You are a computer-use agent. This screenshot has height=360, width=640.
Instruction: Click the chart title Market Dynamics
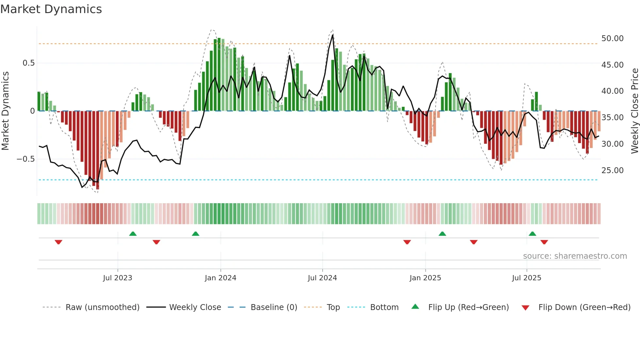click(x=51, y=9)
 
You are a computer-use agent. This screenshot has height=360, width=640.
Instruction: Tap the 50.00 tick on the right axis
click(x=612, y=39)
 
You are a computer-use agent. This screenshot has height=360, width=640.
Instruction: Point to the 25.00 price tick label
click(x=612, y=171)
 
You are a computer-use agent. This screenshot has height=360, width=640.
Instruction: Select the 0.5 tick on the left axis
click(x=28, y=63)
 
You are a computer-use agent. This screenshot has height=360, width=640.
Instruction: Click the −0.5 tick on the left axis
click(x=26, y=159)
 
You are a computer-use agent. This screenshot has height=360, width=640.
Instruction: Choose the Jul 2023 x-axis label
click(x=118, y=278)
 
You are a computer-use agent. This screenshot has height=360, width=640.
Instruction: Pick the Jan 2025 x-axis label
click(x=425, y=278)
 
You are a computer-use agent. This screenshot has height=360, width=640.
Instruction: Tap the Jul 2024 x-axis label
click(x=322, y=278)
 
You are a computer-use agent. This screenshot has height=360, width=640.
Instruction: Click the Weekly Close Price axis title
click(x=634, y=111)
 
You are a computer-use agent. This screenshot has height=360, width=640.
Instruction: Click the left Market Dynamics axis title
click(x=5, y=111)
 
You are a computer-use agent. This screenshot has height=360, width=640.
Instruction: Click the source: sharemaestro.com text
click(x=575, y=256)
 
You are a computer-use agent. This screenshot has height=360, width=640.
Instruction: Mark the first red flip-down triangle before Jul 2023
click(x=58, y=242)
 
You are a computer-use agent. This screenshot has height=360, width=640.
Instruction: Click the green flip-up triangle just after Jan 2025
click(x=442, y=234)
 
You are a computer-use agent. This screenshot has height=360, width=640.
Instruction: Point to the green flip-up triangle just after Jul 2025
click(x=532, y=234)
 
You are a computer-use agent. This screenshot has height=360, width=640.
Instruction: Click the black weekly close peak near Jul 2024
click(x=333, y=35)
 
